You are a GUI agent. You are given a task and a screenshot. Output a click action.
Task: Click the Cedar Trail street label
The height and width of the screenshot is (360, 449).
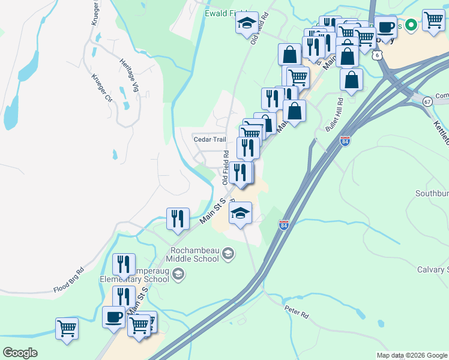209,139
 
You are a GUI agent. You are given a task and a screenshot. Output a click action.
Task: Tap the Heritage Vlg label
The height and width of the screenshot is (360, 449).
129,75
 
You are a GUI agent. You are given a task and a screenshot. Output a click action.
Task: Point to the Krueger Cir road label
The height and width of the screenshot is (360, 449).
101,87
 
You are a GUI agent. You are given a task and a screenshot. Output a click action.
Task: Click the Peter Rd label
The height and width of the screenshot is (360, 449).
296,313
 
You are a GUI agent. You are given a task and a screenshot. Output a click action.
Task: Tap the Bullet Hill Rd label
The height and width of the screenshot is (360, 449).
334,115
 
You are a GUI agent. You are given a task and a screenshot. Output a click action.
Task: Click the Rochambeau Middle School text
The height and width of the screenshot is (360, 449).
193,254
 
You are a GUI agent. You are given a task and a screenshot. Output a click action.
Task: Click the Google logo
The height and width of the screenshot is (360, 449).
20,353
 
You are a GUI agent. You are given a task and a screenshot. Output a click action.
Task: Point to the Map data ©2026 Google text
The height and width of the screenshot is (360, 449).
411,355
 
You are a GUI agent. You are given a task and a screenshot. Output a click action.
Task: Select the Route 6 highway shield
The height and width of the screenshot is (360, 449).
376,55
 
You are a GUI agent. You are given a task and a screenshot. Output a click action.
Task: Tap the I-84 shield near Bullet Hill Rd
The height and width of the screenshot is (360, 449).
345,142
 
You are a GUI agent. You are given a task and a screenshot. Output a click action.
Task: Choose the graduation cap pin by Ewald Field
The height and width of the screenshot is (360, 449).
246,23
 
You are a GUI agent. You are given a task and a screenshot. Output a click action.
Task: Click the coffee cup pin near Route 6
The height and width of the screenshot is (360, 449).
385,26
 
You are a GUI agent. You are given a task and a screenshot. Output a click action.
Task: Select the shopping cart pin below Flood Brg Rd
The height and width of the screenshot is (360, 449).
67,328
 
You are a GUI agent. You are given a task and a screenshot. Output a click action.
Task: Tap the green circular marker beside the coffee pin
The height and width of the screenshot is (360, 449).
411,25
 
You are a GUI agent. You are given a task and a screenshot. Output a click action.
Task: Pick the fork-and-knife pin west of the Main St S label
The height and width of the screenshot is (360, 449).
178,218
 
